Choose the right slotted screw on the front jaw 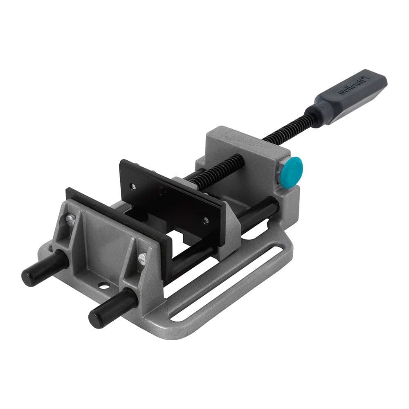[142, 258]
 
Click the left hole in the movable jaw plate [133, 187]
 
